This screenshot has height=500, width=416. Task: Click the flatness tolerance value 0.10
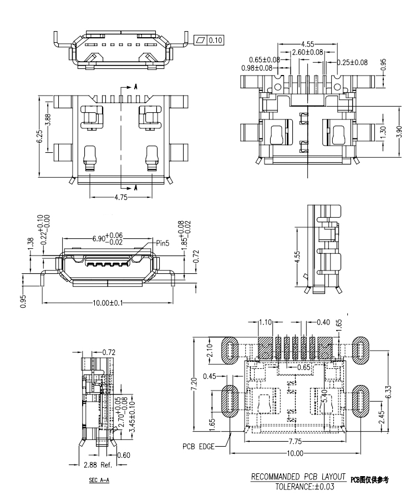point(216,40)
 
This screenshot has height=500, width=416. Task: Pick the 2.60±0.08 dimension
point(307,52)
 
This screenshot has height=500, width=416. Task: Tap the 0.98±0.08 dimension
point(256,68)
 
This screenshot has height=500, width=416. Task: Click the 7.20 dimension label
point(193,383)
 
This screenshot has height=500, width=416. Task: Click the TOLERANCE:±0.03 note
point(303,487)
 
